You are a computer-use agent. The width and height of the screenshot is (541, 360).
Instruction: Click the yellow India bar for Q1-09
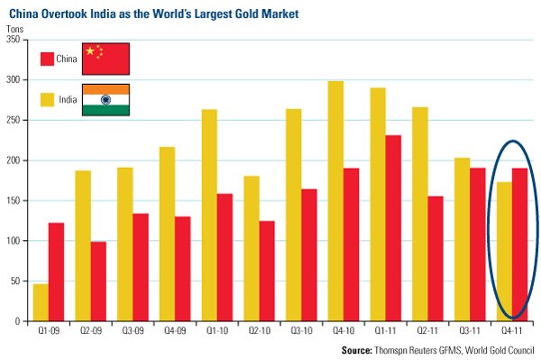tap(41, 302)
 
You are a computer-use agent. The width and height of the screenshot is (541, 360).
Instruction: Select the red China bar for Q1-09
tap(56, 272)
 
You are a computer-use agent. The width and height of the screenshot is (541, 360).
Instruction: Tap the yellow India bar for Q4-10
tap(335, 201)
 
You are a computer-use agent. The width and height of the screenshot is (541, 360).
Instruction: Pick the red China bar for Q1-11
tap(393, 228)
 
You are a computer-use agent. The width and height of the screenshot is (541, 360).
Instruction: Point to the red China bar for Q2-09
tap(98, 282)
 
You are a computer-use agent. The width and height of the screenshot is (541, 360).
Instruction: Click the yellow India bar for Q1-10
tap(209, 216)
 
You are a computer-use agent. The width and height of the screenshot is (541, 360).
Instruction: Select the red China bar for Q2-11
tap(436, 259)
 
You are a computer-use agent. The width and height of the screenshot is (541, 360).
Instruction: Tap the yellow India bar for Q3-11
tap(463, 239)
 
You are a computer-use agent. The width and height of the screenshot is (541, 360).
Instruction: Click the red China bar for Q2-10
tap(267, 271)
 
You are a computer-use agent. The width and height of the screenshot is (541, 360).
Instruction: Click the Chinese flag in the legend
tap(105, 59)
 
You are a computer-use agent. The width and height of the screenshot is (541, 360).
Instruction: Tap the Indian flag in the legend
tap(105, 100)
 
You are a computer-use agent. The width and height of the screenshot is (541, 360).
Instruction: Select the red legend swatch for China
tap(47, 59)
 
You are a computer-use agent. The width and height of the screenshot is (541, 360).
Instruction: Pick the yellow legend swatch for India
tap(47, 100)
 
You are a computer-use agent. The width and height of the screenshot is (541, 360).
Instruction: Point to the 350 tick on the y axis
tap(25, 40)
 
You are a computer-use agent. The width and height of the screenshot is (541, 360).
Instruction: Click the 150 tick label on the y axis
tap(14, 200)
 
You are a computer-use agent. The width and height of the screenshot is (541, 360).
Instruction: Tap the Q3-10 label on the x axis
tap(301, 330)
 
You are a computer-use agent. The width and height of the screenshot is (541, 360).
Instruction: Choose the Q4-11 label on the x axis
tap(512, 330)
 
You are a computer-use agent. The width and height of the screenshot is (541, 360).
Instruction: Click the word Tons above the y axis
tap(14, 29)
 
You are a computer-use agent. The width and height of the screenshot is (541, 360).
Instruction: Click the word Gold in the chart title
tap(247, 14)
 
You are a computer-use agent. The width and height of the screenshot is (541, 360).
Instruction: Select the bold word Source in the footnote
tap(357, 350)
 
